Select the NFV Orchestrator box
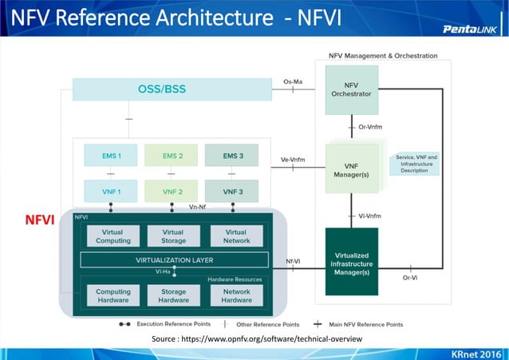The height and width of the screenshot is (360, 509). point(351,89)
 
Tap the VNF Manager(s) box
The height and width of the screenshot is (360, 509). point(351,168)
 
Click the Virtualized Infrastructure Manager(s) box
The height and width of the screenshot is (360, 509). point(351,261)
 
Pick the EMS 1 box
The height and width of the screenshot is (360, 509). point(111,156)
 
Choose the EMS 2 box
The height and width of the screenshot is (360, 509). point(172,156)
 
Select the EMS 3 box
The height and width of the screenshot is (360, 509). point(233,156)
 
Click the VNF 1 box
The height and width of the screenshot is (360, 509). point(111,192)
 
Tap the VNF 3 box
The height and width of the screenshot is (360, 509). point(233,192)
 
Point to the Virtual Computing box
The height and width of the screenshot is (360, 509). point(112,236)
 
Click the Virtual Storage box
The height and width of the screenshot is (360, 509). point(172,236)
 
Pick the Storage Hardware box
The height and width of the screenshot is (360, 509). point(173,295)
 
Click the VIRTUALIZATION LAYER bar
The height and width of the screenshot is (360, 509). point(174,259)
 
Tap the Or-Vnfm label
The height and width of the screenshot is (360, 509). point(369,127)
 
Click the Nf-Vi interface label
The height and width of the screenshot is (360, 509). point(293,260)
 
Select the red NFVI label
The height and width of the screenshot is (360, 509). point(37,220)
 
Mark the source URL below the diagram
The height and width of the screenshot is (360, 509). point(255,339)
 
